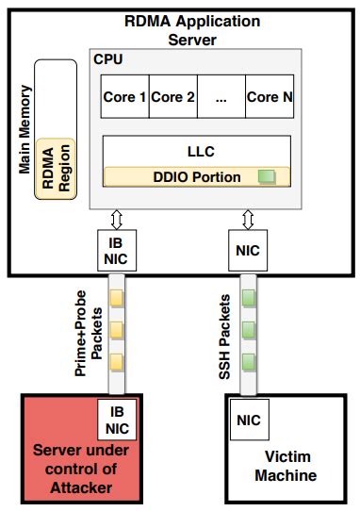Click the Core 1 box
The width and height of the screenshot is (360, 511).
124,97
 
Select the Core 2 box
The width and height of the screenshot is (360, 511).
172,97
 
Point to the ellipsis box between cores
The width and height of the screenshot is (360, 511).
221,97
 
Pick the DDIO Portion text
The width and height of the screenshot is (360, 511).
196,176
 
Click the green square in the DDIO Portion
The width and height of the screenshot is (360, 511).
267,176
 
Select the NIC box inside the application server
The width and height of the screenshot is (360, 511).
249,251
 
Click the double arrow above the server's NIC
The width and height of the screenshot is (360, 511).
249,220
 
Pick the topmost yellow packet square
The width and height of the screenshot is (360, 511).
118,299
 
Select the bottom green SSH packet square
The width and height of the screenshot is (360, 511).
249,360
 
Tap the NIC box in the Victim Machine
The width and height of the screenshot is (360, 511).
249,420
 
